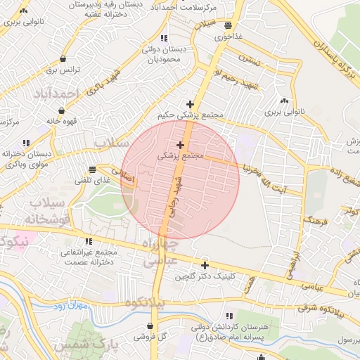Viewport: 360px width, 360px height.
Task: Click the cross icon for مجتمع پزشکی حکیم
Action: pos(190,104)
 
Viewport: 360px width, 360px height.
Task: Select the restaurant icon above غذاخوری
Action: pos(227,25)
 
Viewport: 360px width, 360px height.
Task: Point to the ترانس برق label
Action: pos(65,70)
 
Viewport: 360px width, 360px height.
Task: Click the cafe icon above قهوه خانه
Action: pos(62,110)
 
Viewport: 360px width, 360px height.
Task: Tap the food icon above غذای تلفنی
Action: pos(93,169)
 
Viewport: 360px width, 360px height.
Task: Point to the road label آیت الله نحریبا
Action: pos(263,171)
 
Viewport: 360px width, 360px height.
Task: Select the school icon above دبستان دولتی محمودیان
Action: pos(164,38)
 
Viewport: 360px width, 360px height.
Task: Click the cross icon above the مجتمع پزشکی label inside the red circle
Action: pos(181,145)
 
